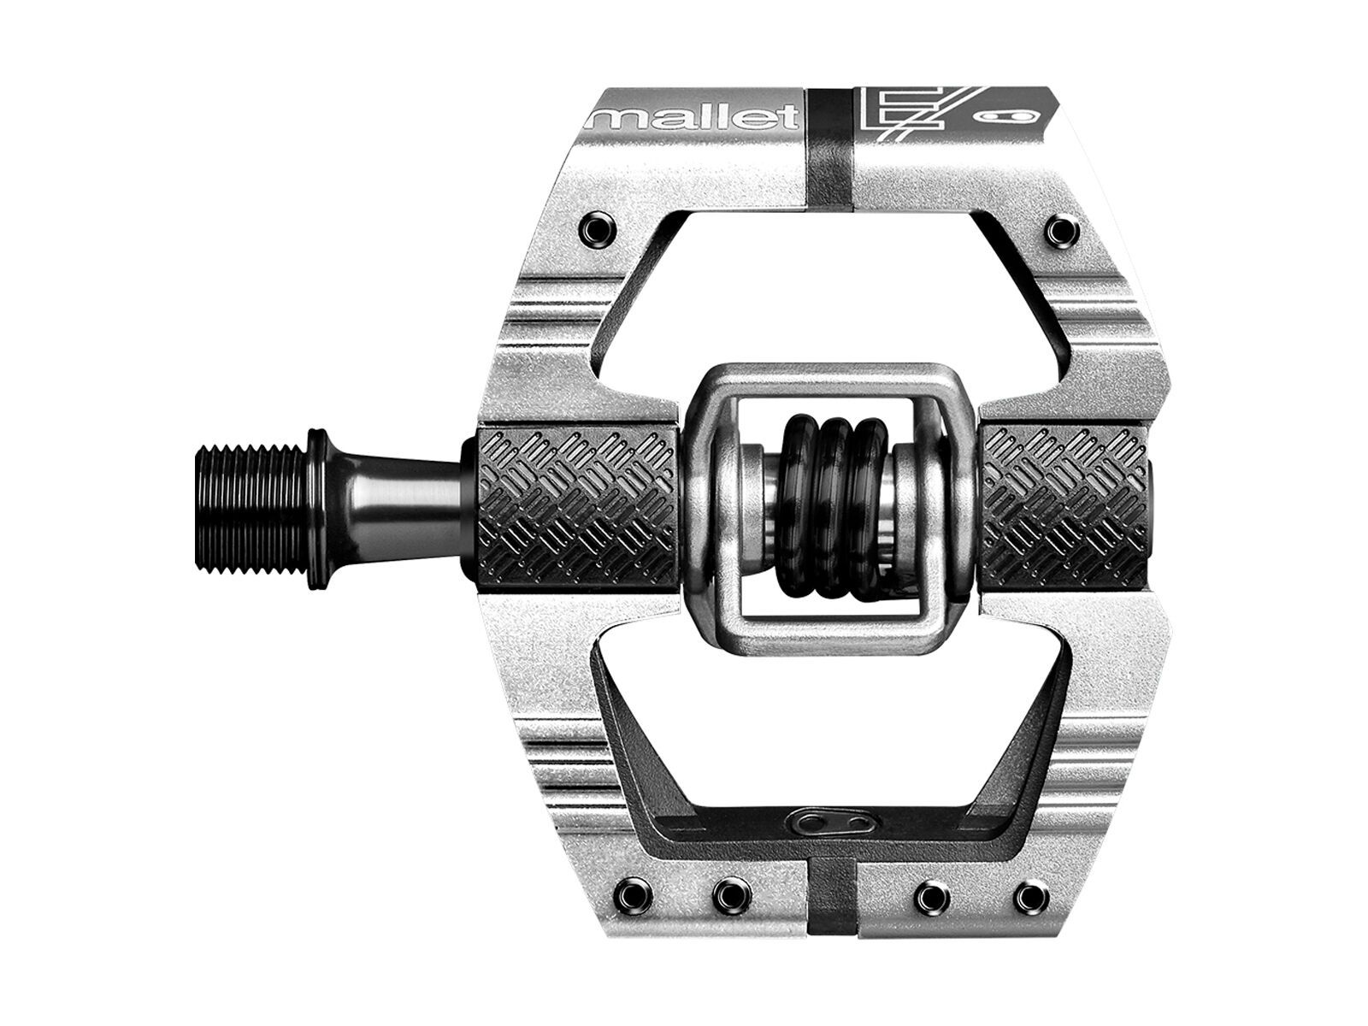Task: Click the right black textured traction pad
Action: click(x=1064, y=511)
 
